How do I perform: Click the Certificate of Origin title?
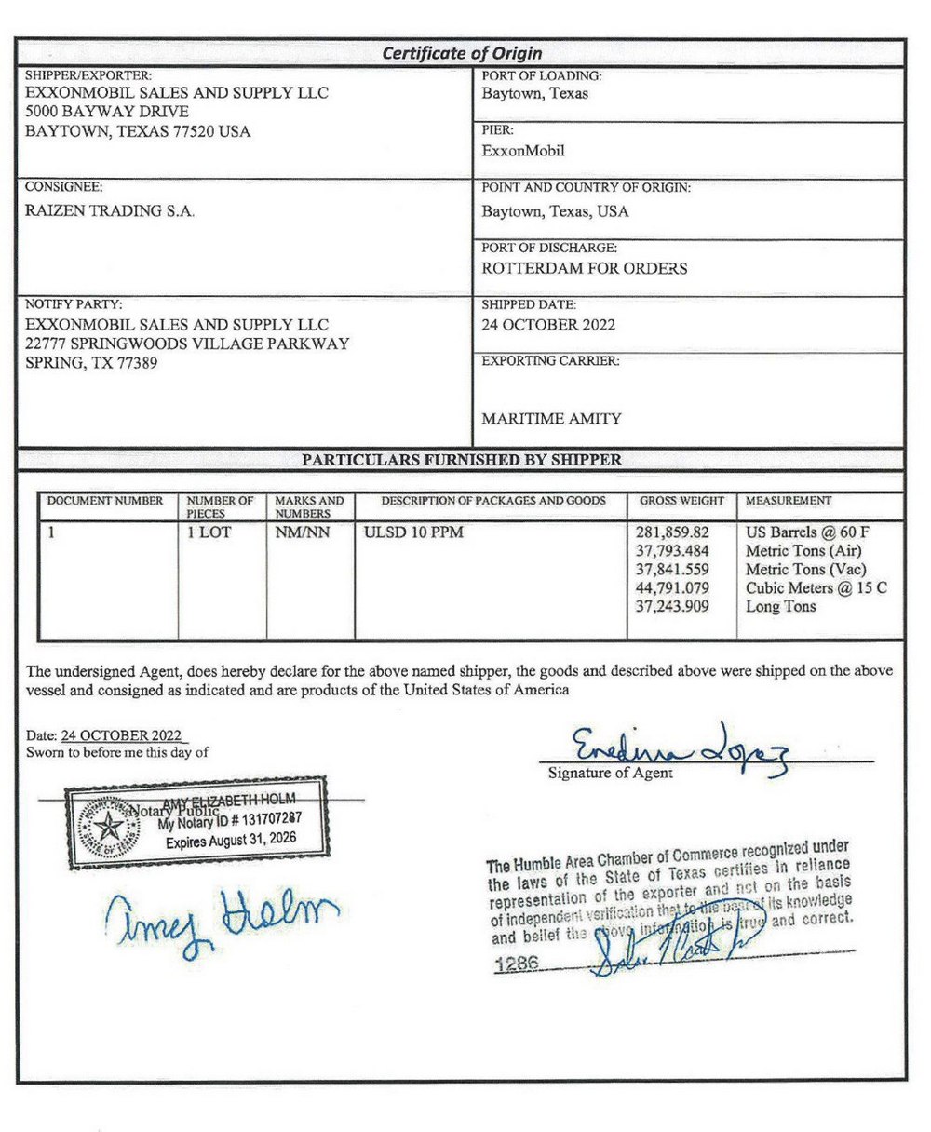coord(462,53)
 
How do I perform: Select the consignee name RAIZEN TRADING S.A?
coord(109,211)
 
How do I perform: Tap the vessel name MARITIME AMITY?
coord(551,419)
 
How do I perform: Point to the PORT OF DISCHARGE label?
coord(549,249)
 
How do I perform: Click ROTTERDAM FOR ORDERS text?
coord(584,268)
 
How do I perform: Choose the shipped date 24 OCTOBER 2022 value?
coord(548,325)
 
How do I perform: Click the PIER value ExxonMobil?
coord(523,151)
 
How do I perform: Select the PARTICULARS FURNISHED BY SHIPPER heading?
coord(462,459)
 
